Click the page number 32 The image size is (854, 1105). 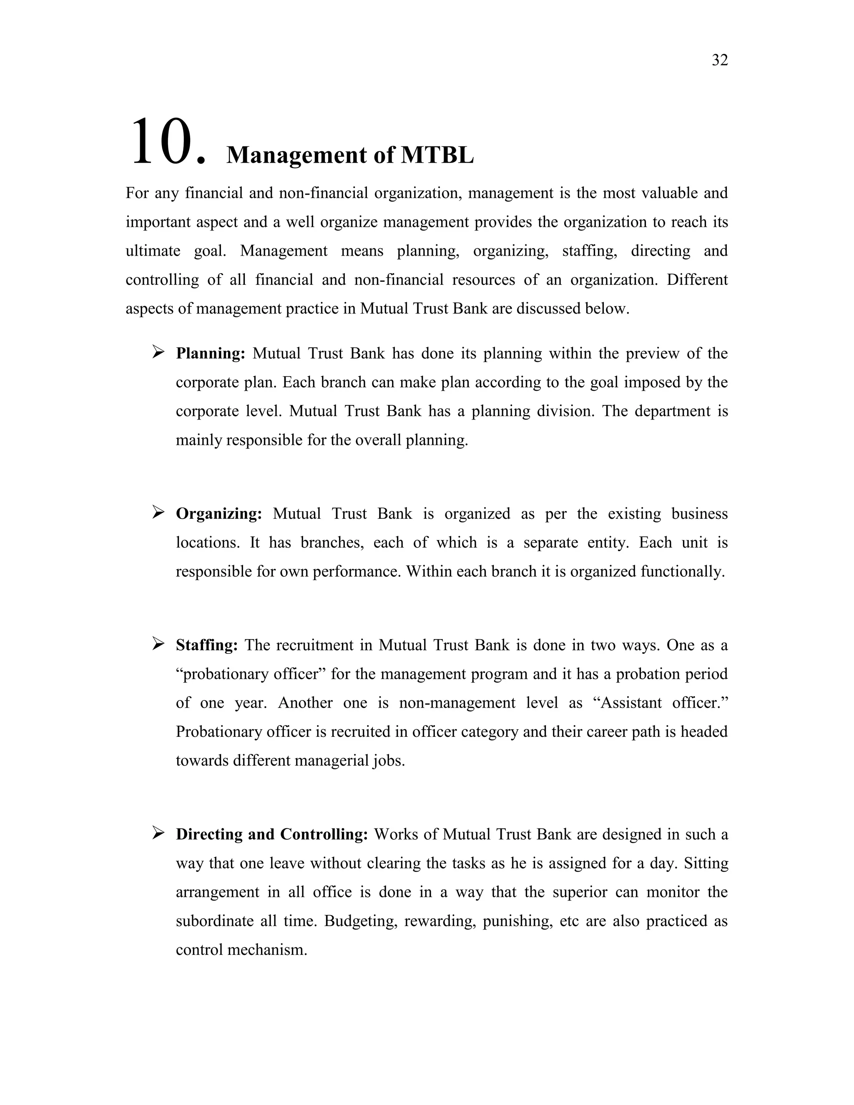[719, 60]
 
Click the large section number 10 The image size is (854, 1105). [168, 142]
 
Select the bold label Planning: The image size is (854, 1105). [211, 353]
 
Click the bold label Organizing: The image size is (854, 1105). [219, 514]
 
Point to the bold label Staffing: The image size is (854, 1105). [206, 645]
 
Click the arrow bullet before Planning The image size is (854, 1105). [158, 352]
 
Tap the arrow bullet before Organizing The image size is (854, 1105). [158, 512]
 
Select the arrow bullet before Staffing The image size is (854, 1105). [158, 643]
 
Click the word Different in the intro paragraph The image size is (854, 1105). [697, 280]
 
